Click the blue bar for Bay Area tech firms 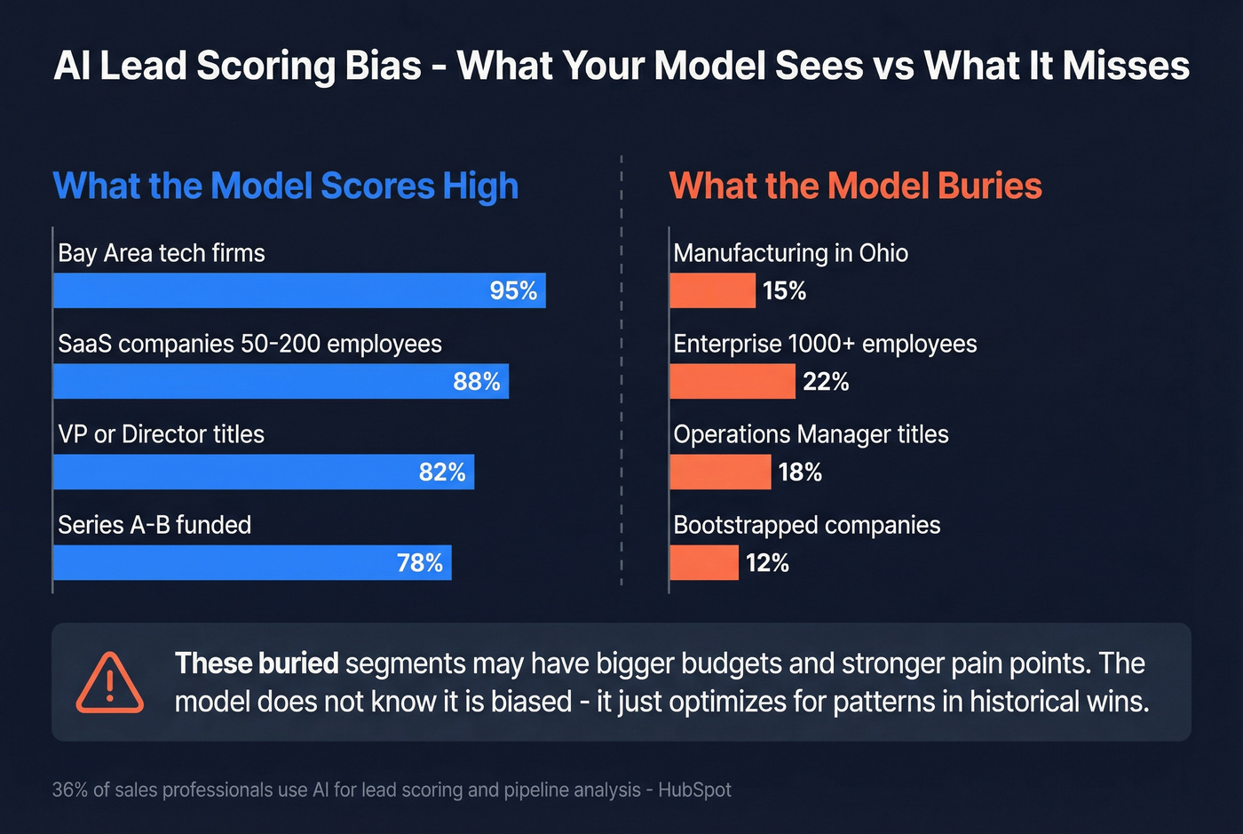(x=266, y=290)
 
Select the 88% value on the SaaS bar (x=477, y=381)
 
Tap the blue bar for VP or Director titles (x=231, y=472)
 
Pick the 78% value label (x=420, y=562)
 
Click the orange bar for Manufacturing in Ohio (x=712, y=290)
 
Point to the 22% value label (x=826, y=381)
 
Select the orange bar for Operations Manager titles (x=720, y=472)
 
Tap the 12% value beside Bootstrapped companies (x=767, y=562)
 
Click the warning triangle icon (x=109, y=682)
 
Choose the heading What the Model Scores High (x=286, y=186)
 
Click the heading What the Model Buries (x=855, y=186)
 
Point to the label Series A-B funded (x=154, y=525)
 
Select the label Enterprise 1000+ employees (x=825, y=344)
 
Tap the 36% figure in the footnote (x=69, y=790)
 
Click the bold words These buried (x=257, y=663)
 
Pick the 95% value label (x=513, y=290)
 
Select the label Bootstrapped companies (x=806, y=525)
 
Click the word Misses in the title (x=1126, y=66)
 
